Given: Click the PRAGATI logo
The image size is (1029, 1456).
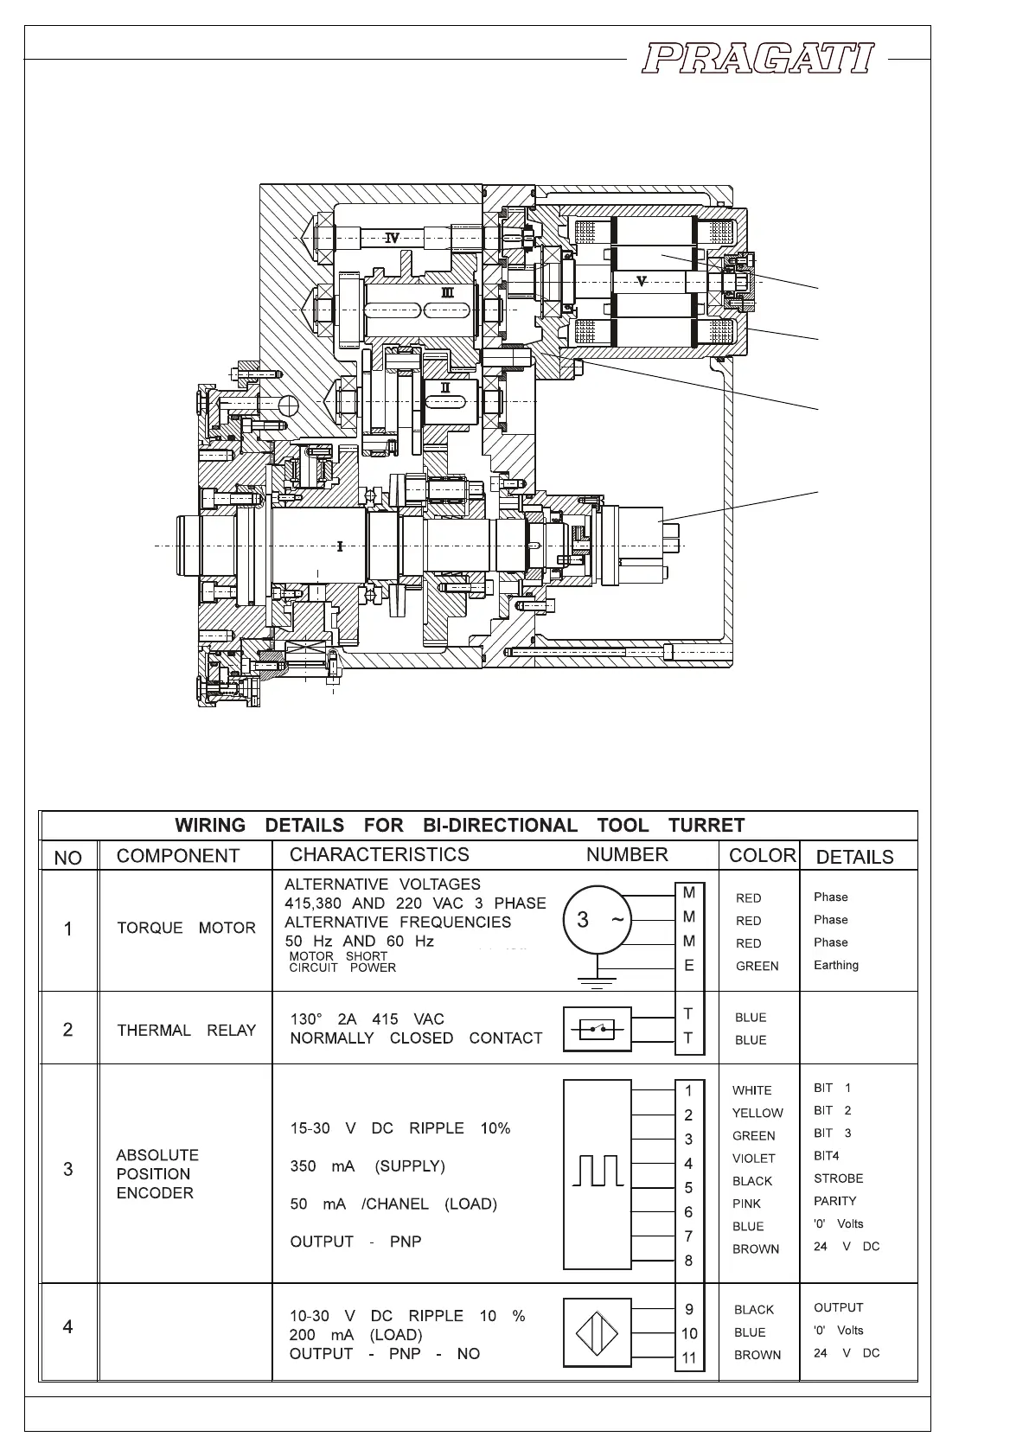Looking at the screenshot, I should [x=757, y=60].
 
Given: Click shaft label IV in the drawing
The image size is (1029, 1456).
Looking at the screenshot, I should [x=392, y=238].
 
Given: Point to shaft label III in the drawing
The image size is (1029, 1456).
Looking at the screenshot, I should [x=447, y=292].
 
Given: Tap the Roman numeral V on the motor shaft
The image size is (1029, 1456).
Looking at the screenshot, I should [x=641, y=280].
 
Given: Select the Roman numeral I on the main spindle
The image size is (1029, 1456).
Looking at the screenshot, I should [x=340, y=546].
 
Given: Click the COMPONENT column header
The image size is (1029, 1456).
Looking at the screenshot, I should [x=177, y=856].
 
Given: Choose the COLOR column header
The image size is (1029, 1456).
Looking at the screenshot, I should [x=761, y=855].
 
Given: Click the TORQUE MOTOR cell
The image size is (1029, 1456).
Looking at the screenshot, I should [x=186, y=928].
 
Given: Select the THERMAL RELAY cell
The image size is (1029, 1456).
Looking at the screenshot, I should [x=186, y=1030].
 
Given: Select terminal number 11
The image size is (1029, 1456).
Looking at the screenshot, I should [x=688, y=1357].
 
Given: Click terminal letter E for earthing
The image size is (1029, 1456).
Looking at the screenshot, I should [x=688, y=965].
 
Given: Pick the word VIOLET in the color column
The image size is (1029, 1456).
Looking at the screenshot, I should [x=753, y=1159].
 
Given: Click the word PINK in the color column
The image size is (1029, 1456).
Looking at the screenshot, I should [x=746, y=1204].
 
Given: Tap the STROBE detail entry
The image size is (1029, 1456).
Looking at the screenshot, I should [x=838, y=1178].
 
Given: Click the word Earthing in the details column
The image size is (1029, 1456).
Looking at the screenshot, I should [x=835, y=965].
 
